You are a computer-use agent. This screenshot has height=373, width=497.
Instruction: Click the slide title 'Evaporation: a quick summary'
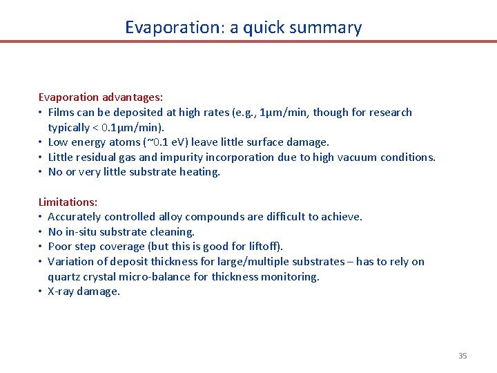click(x=243, y=28)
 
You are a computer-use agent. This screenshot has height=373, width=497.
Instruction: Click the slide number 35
click(x=462, y=356)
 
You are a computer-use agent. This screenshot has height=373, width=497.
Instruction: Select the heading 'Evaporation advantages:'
click(x=100, y=97)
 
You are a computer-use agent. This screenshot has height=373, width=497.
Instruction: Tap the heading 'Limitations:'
click(x=68, y=202)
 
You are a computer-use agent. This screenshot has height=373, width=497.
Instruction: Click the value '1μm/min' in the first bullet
click(x=279, y=113)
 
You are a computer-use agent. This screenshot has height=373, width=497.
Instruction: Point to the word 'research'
click(x=391, y=113)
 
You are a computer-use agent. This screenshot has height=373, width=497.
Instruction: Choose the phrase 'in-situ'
click(x=84, y=232)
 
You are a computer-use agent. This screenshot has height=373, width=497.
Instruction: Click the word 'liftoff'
click(x=263, y=247)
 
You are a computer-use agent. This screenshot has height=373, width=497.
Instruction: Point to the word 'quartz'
click(x=64, y=277)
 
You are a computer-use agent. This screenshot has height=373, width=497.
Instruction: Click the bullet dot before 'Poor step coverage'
click(x=41, y=247)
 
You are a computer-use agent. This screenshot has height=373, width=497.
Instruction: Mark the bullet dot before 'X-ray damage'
click(x=41, y=291)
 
